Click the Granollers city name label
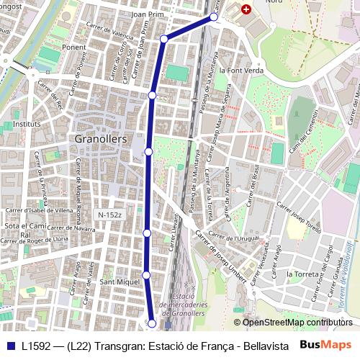tap(101, 138)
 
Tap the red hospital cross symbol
tap(246, 10)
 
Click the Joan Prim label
tap(149, 14)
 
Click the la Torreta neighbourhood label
tap(302, 274)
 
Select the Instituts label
tap(27, 124)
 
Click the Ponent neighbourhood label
tap(73, 47)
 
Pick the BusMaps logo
tap(326, 346)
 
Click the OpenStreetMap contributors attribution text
tap(297, 323)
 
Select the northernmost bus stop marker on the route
tap(214, 17)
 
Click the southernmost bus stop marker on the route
tap(152, 323)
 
